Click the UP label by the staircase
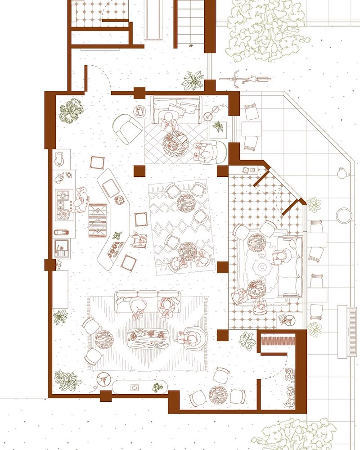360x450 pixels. [191, 45]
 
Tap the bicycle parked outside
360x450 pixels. [245, 79]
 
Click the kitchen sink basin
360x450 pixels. [62, 246]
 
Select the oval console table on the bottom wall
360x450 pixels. [140, 387]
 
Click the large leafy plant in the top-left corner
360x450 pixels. [71, 111]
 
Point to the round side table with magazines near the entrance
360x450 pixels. [140, 111]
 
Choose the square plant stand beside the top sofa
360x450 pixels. [218, 130]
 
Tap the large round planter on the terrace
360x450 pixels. [344, 215]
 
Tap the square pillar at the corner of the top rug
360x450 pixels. [139, 171]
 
